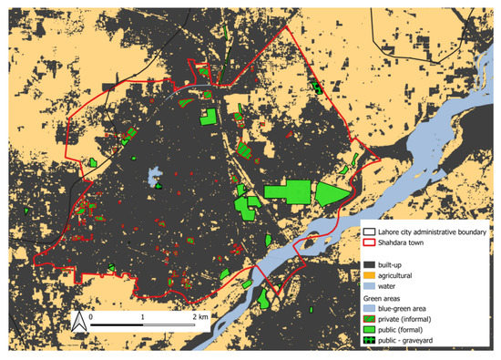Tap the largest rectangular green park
click(x=287, y=192)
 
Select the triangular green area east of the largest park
click(x=331, y=193)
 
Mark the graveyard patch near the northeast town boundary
click(x=317, y=87)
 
